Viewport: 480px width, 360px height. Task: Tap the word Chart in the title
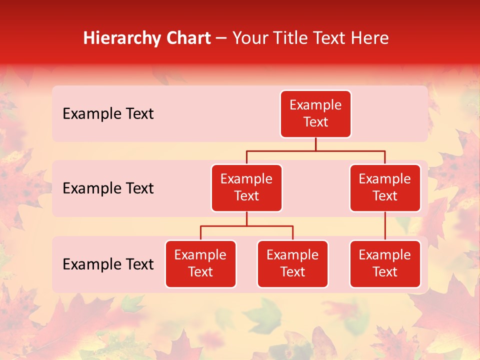186,38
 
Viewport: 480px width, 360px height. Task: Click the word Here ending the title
369,38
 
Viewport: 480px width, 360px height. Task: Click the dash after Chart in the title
221,39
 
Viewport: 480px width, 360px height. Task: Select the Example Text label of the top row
108,114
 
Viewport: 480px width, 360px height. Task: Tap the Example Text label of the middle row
108,188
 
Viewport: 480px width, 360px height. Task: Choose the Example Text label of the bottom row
108,264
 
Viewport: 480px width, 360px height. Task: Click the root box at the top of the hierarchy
315,114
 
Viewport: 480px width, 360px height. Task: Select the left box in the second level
246,188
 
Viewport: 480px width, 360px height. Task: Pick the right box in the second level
385,188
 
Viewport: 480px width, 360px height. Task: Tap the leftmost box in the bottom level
200,264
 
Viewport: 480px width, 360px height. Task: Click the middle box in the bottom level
292,264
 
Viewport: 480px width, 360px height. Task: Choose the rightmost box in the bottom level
385,264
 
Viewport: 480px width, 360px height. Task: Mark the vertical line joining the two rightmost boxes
385,226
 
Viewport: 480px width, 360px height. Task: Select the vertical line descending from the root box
315,144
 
